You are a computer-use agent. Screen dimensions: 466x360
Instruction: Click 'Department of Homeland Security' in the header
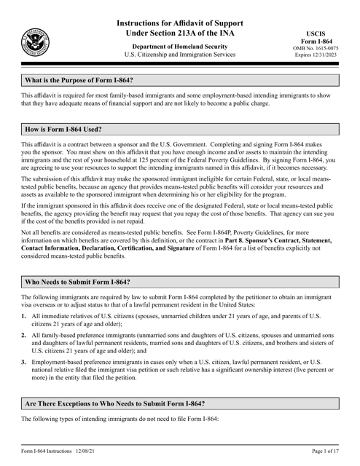(x=179, y=46)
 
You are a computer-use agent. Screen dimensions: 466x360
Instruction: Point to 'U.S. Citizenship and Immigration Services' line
(x=179, y=55)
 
